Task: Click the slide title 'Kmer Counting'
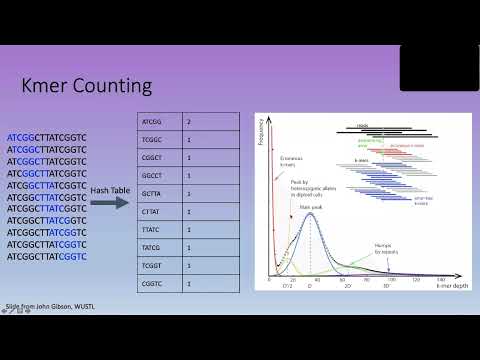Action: (x=87, y=86)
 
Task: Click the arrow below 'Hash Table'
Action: (x=108, y=203)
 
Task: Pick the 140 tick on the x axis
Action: (x=440, y=280)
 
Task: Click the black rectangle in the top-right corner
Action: (x=438, y=67)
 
